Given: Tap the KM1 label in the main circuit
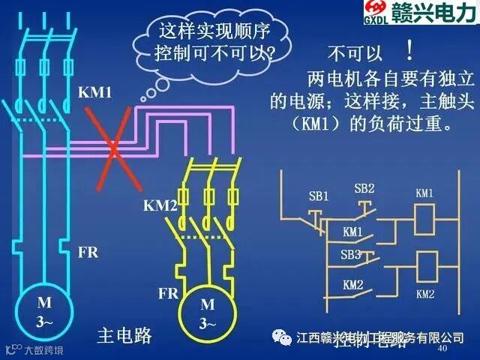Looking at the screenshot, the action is click(94, 94).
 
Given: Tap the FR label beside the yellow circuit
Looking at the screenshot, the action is click(168, 292).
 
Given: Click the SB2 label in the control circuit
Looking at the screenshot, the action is click(364, 188).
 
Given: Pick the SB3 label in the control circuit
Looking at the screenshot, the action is click(350, 255).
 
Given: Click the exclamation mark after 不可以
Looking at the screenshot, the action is click(409, 52).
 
